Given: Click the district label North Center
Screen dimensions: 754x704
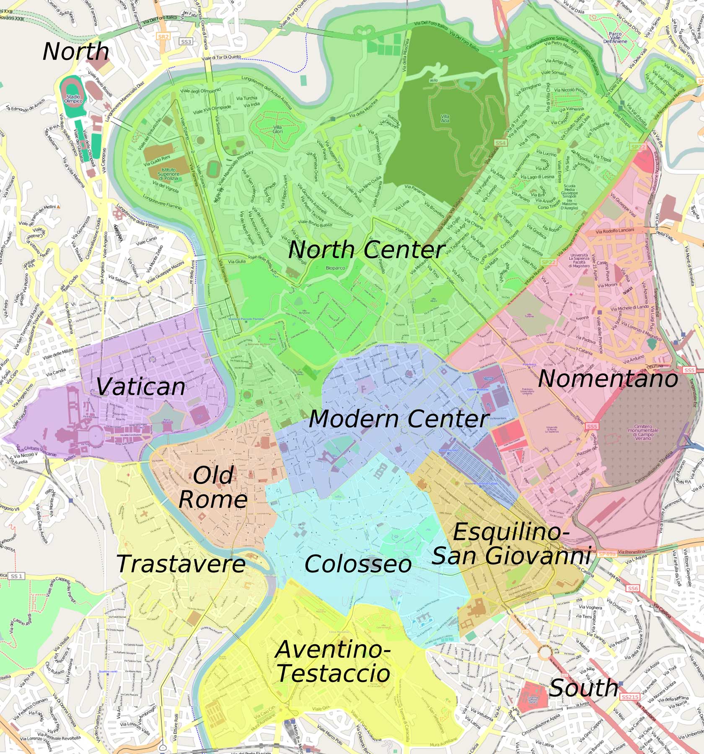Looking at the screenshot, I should click(366, 250).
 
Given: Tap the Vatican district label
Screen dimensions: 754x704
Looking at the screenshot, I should click(140, 387).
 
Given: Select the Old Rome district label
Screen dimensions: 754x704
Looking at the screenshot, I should click(213, 487).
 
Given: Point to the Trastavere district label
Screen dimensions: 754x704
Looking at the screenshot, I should click(181, 564).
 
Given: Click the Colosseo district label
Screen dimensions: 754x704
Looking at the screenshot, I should click(358, 564).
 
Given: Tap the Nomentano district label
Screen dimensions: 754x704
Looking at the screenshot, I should click(608, 379).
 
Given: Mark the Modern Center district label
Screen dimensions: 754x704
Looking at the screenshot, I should click(399, 419).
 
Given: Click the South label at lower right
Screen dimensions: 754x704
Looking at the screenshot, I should click(583, 688).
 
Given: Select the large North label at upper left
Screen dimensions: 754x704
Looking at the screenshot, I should click(75, 52).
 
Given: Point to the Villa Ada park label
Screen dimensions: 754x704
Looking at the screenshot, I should click(445, 119).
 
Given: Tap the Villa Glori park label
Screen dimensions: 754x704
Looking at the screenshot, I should click(277, 129).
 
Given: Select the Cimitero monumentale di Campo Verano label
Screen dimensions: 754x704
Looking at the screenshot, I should click(643, 430).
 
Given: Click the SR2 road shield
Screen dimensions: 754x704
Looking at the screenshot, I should click(163, 37).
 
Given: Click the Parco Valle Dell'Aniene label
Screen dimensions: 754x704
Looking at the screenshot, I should click(615, 37).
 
